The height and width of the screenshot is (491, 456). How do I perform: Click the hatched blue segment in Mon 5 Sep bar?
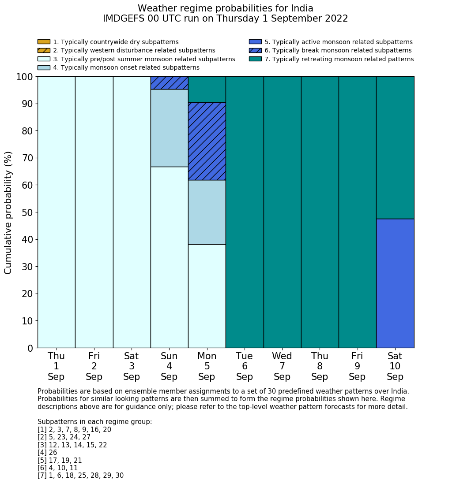coord(207,141)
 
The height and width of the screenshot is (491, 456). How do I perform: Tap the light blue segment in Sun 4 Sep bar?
coord(169,128)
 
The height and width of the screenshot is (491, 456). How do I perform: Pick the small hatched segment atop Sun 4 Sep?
coord(169,83)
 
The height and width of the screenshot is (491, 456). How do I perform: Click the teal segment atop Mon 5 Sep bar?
coord(207,89)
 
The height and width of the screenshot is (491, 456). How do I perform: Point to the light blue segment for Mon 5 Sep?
coord(207,212)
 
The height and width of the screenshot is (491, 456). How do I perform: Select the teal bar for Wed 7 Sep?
coord(282,212)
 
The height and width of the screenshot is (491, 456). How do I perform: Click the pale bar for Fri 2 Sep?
coord(94,212)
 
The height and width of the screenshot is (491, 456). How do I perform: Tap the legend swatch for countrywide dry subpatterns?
coord(44,42)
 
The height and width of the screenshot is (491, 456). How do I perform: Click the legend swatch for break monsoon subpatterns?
coord(255,50)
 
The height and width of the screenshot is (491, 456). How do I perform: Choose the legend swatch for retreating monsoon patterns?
coord(255,59)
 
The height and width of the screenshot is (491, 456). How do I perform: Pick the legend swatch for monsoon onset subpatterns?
coord(44,67)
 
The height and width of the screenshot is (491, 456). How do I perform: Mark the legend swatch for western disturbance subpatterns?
coord(44,50)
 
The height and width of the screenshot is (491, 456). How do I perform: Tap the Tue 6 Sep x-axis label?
coord(245,366)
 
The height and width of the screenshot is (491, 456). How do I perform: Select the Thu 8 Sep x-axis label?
coord(320,366)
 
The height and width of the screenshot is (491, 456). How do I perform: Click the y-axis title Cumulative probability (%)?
coord(8,212)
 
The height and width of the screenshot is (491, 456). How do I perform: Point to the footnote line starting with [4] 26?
coord(47,453)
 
